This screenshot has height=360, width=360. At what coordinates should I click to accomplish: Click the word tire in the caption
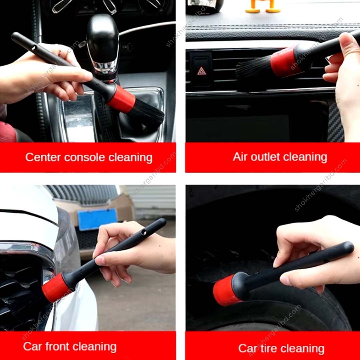click(x=267, y=348)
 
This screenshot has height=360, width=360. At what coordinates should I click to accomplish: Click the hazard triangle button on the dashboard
click(x=201, y=71)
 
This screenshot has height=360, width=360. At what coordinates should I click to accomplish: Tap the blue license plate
click(x=97, y=219)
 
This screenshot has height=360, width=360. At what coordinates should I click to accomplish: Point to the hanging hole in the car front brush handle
click(x=144, y=232)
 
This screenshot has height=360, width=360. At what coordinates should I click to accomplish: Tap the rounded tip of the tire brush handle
click(x=348, y=247)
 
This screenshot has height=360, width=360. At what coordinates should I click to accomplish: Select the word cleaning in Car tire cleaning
click(x=303, y=349)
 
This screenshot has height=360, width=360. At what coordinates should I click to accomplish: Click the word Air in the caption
click(x=240, y=157)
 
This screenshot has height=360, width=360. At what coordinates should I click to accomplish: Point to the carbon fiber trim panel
click(x=335, y=120)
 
